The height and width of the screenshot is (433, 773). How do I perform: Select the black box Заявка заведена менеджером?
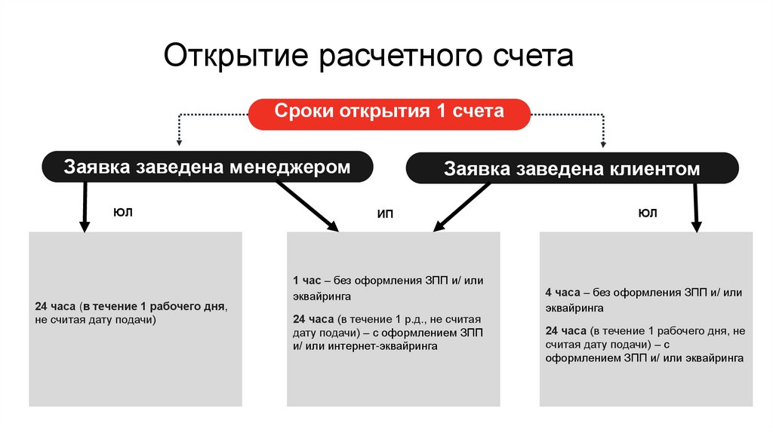click(207, 167)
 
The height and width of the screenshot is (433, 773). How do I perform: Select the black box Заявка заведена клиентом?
click(571, 169)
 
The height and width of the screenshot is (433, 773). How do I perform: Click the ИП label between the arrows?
click(385, 214)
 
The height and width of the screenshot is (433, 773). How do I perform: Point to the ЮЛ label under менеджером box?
click(122, 213)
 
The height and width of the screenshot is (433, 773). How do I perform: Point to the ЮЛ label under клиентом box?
click(647, 213)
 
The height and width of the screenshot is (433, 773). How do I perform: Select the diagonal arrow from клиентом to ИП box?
click(460, 206)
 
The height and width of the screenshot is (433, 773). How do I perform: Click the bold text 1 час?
click(308, 281)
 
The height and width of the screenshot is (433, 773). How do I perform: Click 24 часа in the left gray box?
click(55, 308)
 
